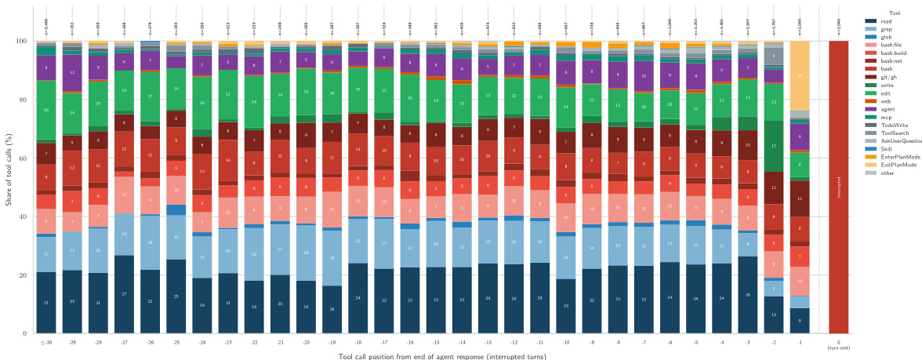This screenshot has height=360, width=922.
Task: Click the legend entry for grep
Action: (885, 29)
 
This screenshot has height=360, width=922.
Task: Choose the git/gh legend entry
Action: (888, 76)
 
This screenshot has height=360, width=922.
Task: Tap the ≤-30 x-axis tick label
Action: (46, 343)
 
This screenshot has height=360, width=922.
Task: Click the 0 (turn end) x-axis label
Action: (839, 345)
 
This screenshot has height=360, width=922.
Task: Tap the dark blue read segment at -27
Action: (124, 294)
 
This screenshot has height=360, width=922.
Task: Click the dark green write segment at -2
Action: (774, 147)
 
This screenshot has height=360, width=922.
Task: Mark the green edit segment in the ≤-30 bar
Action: (46, 110)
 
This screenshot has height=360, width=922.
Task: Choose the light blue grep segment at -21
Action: (280, 249)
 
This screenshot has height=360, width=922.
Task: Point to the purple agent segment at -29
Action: (72, 72)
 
